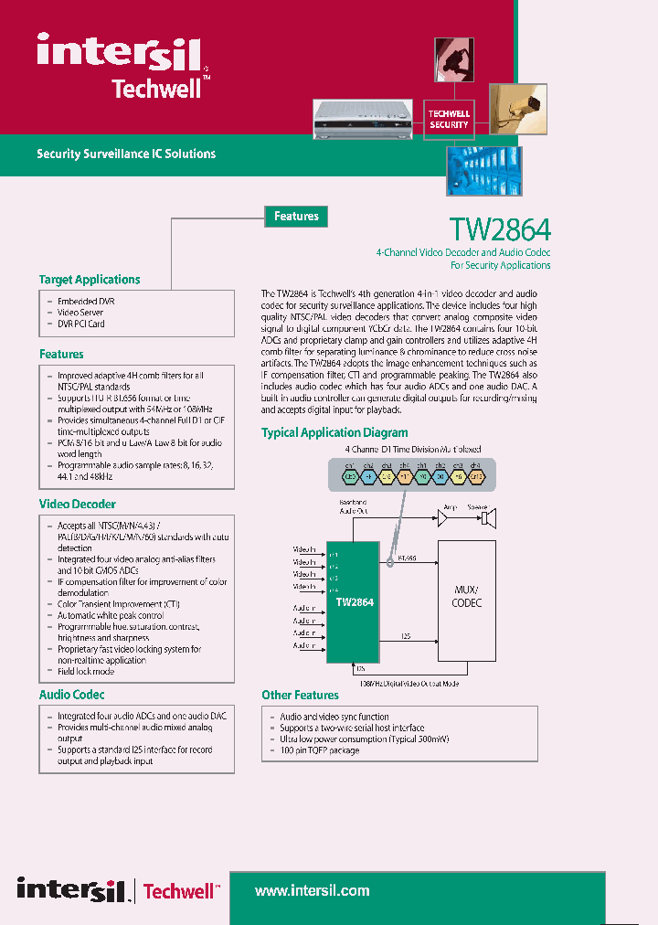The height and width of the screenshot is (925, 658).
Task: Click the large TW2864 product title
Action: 500,229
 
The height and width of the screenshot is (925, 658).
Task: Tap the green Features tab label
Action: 296,217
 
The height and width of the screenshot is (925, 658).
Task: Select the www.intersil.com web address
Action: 312,890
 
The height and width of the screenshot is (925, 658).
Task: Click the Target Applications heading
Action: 90,280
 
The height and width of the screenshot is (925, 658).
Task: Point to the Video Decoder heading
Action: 77,504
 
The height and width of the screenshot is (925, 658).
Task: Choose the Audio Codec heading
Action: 71,695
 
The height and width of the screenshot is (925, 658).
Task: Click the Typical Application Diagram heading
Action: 334,432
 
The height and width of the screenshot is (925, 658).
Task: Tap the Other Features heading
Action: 300,695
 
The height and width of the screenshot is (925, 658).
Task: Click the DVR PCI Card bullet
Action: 80,324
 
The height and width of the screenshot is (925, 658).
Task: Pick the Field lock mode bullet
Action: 86,671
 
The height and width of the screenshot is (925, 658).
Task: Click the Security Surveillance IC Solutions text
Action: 126,154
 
